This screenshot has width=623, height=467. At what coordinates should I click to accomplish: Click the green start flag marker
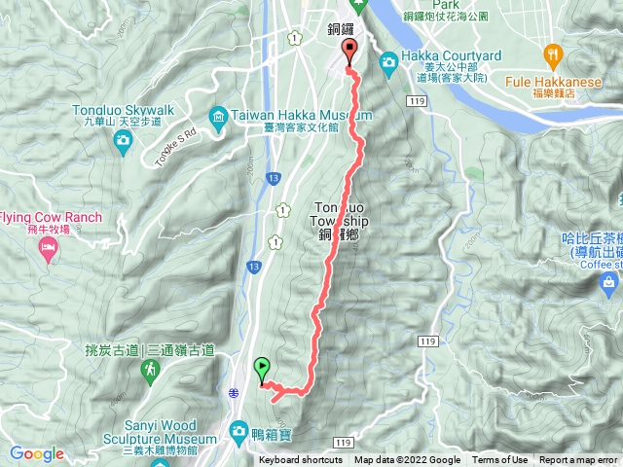tap(261, 369)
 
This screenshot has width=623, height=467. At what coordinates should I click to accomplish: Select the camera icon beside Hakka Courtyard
tap(388, 63)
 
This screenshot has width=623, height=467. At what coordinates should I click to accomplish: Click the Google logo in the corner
tap(37, 453)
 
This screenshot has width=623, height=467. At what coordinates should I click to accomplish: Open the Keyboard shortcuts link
tap(301, 460)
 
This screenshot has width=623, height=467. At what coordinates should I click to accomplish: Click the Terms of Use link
tap(500, 460)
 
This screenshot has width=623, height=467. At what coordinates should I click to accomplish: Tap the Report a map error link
tap(579, 460)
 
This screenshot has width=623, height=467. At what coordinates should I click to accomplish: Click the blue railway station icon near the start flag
tap(235, 392)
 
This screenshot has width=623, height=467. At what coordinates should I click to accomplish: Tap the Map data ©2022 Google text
tap(407, 460)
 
